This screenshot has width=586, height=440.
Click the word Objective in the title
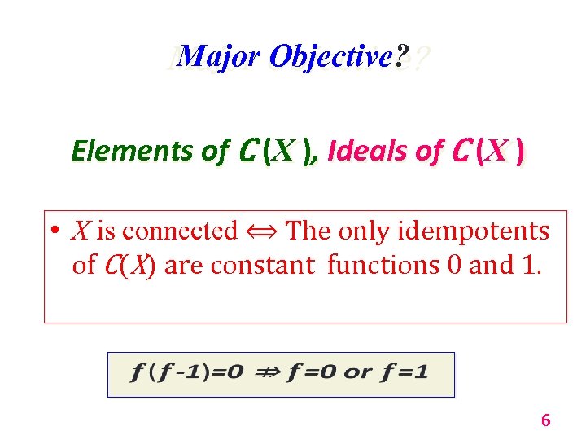(329, 56)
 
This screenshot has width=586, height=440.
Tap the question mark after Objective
(400, 56)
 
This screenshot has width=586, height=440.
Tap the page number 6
(545, 420)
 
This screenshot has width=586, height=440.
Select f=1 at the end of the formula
(406, 374)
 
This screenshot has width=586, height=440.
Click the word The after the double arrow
(308, 231)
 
